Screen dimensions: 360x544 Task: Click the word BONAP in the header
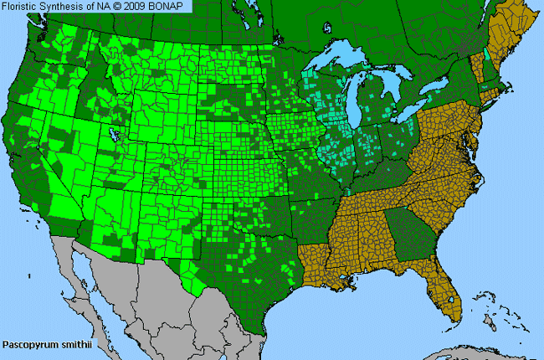172,7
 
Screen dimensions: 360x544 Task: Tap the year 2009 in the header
141,7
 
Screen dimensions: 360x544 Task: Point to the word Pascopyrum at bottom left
26,344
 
